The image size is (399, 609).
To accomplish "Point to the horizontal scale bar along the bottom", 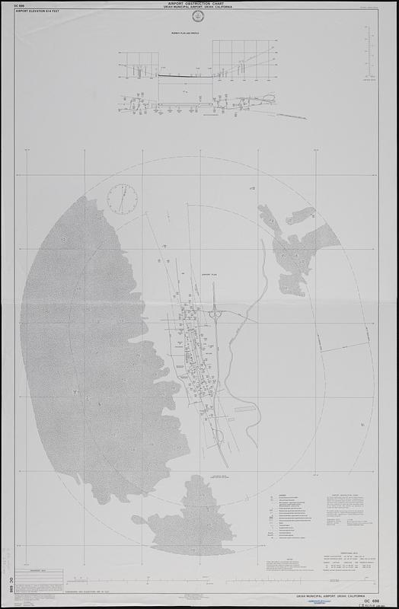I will (x=199, y=588).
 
